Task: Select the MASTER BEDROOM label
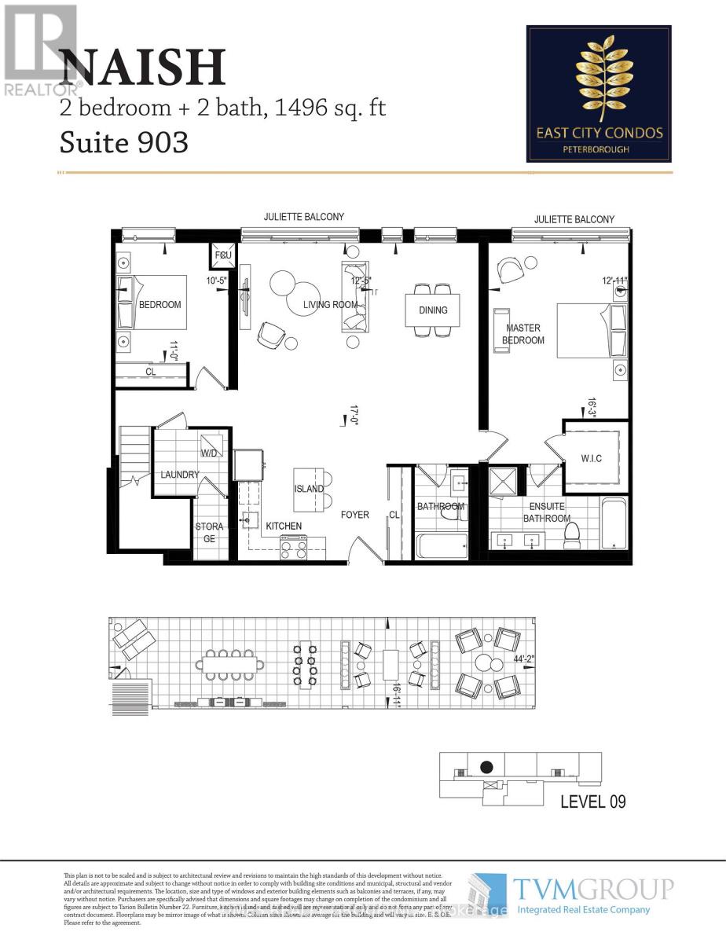[x=525, y=334]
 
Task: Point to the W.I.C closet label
[x=591, y=459]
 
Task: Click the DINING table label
[x=433, y=310]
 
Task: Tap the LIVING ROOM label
[x=331, y=305]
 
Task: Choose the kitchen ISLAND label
[x=309, y=489]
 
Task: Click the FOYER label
[x=354, y=516]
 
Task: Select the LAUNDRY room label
[x=180, y=475]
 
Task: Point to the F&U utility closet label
[x=221, y=255]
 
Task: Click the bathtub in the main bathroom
[x=440, y=545]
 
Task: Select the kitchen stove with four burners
[x=295, y=547]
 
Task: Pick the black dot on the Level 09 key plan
[x=486, y=767]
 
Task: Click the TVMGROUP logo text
[x=594, y=889]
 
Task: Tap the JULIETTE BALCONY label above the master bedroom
[x=574, y=219]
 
